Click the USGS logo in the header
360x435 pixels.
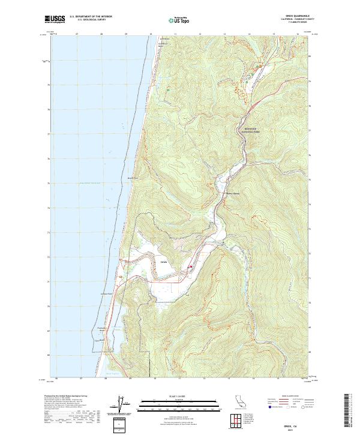coord(55,20)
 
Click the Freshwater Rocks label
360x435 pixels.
coord(106,329)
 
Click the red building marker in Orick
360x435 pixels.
coord(191,267)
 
